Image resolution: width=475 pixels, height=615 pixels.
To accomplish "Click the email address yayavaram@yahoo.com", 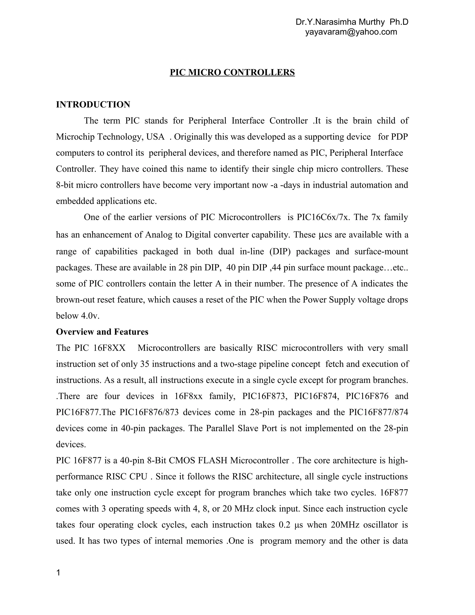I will coord(351,32).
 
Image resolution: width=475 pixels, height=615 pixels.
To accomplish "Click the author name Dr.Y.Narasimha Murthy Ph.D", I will coord(352,22).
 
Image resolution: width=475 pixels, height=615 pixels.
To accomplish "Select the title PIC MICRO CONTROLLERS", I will coord(232,73).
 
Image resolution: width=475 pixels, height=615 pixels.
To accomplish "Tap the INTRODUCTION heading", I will coord(93,105).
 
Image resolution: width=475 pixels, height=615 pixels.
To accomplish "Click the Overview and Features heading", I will coord(102,332).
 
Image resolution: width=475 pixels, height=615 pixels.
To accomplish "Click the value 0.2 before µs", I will coord(285,525).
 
